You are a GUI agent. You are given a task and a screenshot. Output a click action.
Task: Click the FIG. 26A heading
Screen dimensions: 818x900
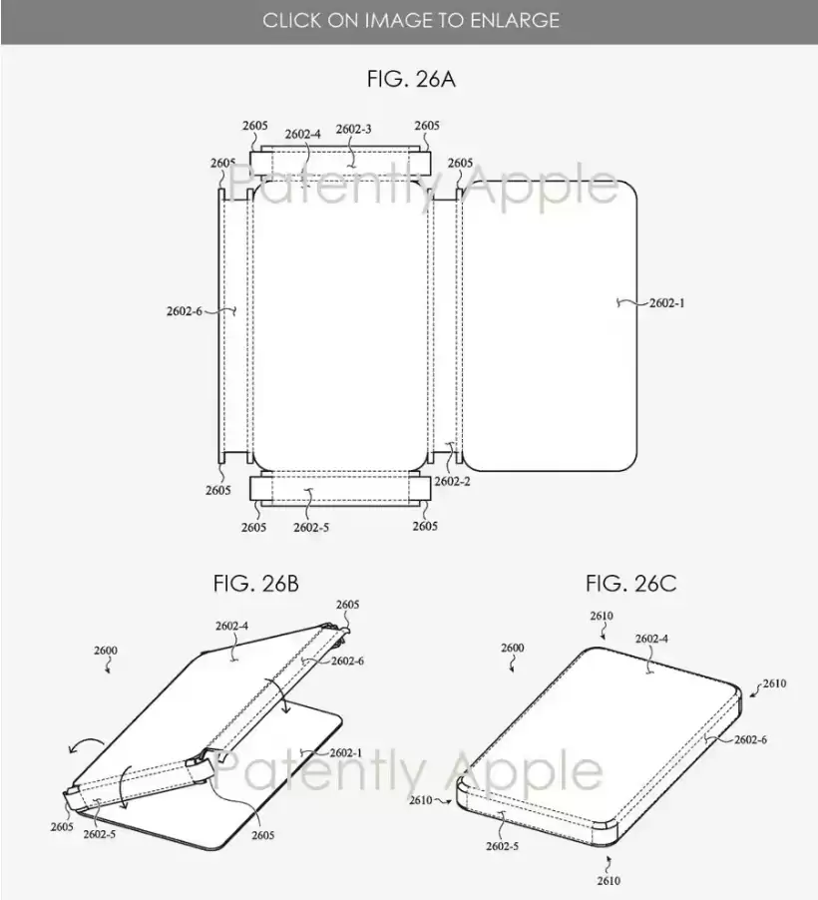tap(411, 79)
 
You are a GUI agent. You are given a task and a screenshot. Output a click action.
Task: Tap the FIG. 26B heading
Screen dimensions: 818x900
tap(256, 583)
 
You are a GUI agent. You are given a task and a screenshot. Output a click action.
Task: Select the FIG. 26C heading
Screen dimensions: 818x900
tap(630, 583)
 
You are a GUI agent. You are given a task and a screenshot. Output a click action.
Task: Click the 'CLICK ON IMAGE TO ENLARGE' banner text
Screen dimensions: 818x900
tap(411, 21)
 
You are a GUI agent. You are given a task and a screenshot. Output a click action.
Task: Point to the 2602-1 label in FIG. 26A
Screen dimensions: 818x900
tap(667, 303)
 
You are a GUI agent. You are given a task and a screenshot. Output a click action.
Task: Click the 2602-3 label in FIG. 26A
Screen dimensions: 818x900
tap(353, 129)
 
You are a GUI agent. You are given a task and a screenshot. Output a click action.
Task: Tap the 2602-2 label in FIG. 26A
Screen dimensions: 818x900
tap(452, 482)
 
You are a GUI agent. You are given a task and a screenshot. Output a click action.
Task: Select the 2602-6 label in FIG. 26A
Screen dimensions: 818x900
tap(185, 311)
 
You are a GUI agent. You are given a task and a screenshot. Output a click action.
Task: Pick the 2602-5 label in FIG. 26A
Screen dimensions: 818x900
tap(311, 527)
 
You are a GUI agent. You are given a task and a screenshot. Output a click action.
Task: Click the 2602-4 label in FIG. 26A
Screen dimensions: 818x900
tap(303, 135)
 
